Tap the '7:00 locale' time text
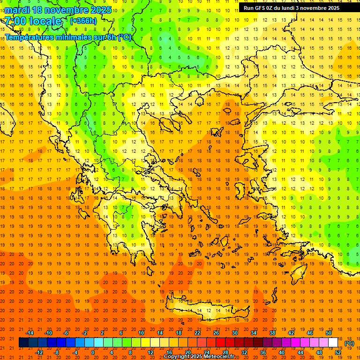click(x=33, y=21)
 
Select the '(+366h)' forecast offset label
click(x=83, y=21)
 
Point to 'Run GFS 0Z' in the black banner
click(x=260, y=8)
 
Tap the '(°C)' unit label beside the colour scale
click(x=349, y=343)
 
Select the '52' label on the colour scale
click(x=338, y=352)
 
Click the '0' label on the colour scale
click(x=93, y=352)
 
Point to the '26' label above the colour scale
click(x=216, y=332)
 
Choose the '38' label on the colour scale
click(x=272, y=332)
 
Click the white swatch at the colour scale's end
click(x=333, y=343)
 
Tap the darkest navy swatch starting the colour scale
click(x=24, y=343)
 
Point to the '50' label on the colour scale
click(x=329, y=332)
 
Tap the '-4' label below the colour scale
click(x=75, y=352)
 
